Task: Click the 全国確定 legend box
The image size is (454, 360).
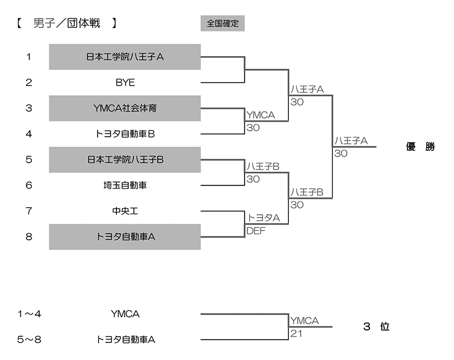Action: pyautogui.click(x=222, y=24)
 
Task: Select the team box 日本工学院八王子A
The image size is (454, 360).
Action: pyautogui.click(x=125, y=57)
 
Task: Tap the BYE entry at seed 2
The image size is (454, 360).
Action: pyautogui.click(x=125, y=82)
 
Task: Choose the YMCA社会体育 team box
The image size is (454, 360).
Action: pyautogui.click(x=125, y=108)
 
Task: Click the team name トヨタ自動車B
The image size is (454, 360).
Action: pyautogui.click(x=125, y=134)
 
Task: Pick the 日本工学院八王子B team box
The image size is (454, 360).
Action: pyautogui.click(x=125, y=160)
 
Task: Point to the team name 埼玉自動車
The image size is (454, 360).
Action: pyautogui.click(x=125, y=185)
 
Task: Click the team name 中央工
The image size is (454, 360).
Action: pyautogui.click(x=125, y=211)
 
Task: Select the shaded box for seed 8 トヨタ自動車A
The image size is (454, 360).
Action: pyautogui.click(x=125, y=237)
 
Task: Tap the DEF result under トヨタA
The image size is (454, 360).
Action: pyautogui.click(x=255, y=231)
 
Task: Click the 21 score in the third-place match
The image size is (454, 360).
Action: pyautogui.click(x=296, y=333)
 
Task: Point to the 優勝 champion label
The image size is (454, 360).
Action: pyautogui.click(x=421, y=147)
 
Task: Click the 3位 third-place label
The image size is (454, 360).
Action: pyautogui.click(x=376, y=327)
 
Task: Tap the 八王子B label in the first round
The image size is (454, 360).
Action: pyautogui.click(x=262, y=167)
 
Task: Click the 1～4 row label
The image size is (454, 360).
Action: pyautogui.click(x=30, y=314)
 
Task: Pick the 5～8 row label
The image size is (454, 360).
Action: pyautogui.click(x=30, y=340)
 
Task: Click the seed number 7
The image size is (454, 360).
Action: pyautogui.click(x=29, y=211)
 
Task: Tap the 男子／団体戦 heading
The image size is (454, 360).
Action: pyautogui.click(x=66, y=24)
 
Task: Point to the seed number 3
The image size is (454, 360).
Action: pyautogui.click(x=29, y=108)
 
